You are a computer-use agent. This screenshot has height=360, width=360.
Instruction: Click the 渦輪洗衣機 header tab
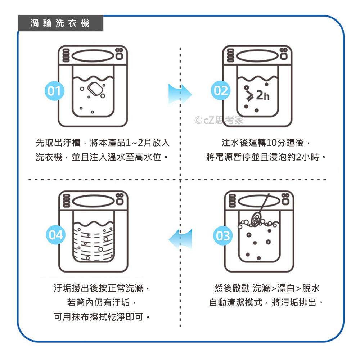(60, 23)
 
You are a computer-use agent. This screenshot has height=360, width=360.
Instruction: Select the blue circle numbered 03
(223, 236)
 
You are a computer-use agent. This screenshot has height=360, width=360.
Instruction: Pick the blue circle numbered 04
(56, 235)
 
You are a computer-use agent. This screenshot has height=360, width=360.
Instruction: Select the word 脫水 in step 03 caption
(311, 288)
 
